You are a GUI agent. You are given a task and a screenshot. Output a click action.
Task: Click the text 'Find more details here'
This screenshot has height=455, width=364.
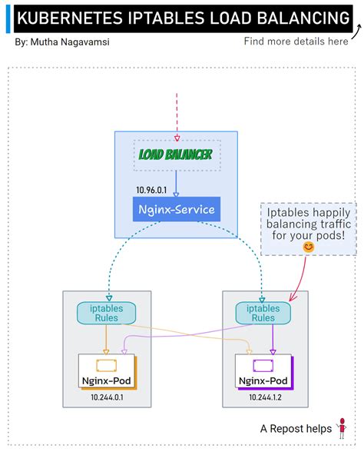pyautogui.click(x=296, y=42)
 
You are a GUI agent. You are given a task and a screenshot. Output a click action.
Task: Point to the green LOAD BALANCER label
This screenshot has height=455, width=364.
pyautogui.click(x=175, y=154)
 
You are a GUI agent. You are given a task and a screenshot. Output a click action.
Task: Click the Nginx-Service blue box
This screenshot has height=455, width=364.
pyautogui.click(x=176, y=209)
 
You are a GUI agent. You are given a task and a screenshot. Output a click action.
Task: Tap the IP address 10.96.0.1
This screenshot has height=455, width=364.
pyautogui.click(x=152, y=189)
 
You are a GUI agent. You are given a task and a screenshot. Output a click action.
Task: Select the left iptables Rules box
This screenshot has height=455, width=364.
pyautogui.click(x=105, y=313)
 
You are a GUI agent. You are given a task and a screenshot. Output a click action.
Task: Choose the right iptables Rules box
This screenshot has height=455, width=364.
pyautogui.click(x=263, y=313)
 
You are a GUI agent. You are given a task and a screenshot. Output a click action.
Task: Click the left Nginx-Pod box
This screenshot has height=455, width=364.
pyautogui.click(x=106, y=373)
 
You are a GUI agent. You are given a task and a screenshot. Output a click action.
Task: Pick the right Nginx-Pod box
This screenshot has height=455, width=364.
pyautogui.click(x=263, y=373)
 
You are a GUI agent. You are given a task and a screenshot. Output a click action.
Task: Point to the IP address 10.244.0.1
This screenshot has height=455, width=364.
pyautogui.click(x=107, y=397)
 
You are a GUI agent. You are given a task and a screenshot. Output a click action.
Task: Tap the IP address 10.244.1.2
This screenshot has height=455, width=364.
pyautogui.click(x=264, y=397)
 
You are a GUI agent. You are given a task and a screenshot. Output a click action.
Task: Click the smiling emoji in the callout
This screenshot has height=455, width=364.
pyautogui.click(x=308, y=247)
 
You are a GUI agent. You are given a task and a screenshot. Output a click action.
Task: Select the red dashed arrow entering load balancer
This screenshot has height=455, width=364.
pyautogui.click(x=177, y=115)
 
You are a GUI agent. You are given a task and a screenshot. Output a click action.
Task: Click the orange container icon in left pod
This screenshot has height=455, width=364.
pyautogui.click(x=105, y=364)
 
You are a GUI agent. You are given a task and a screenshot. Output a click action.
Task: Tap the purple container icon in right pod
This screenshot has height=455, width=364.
pyautogui.click(x=263, y=364)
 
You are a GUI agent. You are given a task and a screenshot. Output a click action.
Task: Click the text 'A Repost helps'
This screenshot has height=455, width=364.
pyautogui.click(x=296, y=429)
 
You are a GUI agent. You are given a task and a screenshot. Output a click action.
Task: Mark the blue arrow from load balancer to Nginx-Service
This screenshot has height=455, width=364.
pyautogui.click(x=176, y=183)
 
